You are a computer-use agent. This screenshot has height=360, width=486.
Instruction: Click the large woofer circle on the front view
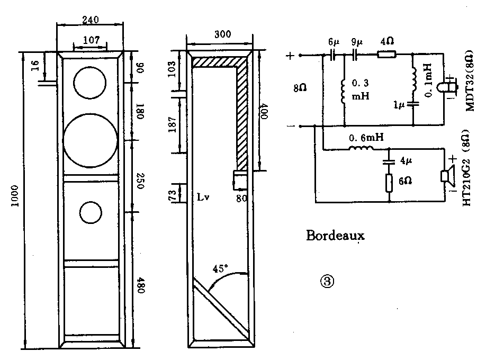(90, 139)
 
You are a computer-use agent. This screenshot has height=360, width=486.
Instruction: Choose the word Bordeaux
(336, 235)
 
